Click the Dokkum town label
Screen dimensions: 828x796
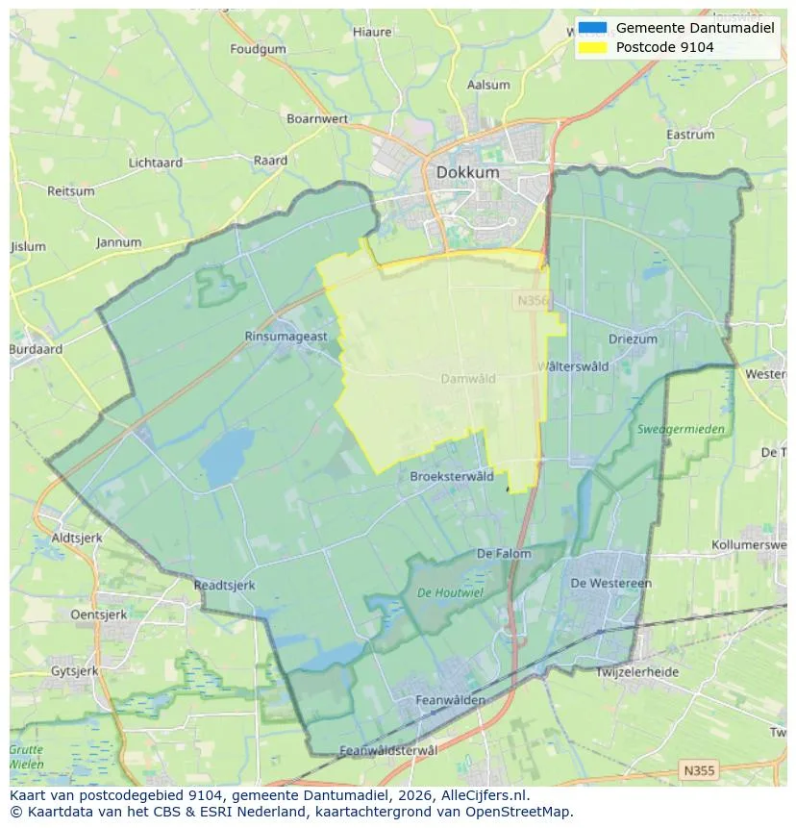pyautogui.click(x=467, y=172)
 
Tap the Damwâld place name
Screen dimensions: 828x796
pyautogui.click(x=468, y=379)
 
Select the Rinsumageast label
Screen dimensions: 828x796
pyautogui.click(x=286, y=337)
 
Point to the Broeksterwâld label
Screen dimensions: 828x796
pyautogui.click(x=452, y=476)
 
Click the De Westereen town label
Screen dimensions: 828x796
pyautogui.click(x=610, y=583)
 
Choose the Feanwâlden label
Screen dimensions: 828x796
pyautogui.click(x=450, y=700)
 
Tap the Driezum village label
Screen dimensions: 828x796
pyautogui.click(x=633, y=339)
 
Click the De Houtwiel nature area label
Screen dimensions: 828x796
pyautogui.click(x=451, y=592)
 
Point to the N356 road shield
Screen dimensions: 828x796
pyautogui.click(x=532, y=301)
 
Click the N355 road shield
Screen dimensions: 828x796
pyautogui.click(x=698, y=770)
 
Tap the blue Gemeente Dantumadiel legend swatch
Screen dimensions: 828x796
pyautogui.click(x=593, y=28)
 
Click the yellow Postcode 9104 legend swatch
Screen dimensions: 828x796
pyautogui.click(x=593, y=46)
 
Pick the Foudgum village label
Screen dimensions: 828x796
pyautogui.click(x=258, y=49)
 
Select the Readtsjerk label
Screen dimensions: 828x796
pyautogui.click(x=224, y=585)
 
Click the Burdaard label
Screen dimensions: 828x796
pyautogui.click(x=36, y=350)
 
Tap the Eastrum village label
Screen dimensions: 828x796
pyautogui.click(x=690, y=136)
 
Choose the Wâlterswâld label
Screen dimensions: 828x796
pyautogui.click(x=573, y=366)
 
